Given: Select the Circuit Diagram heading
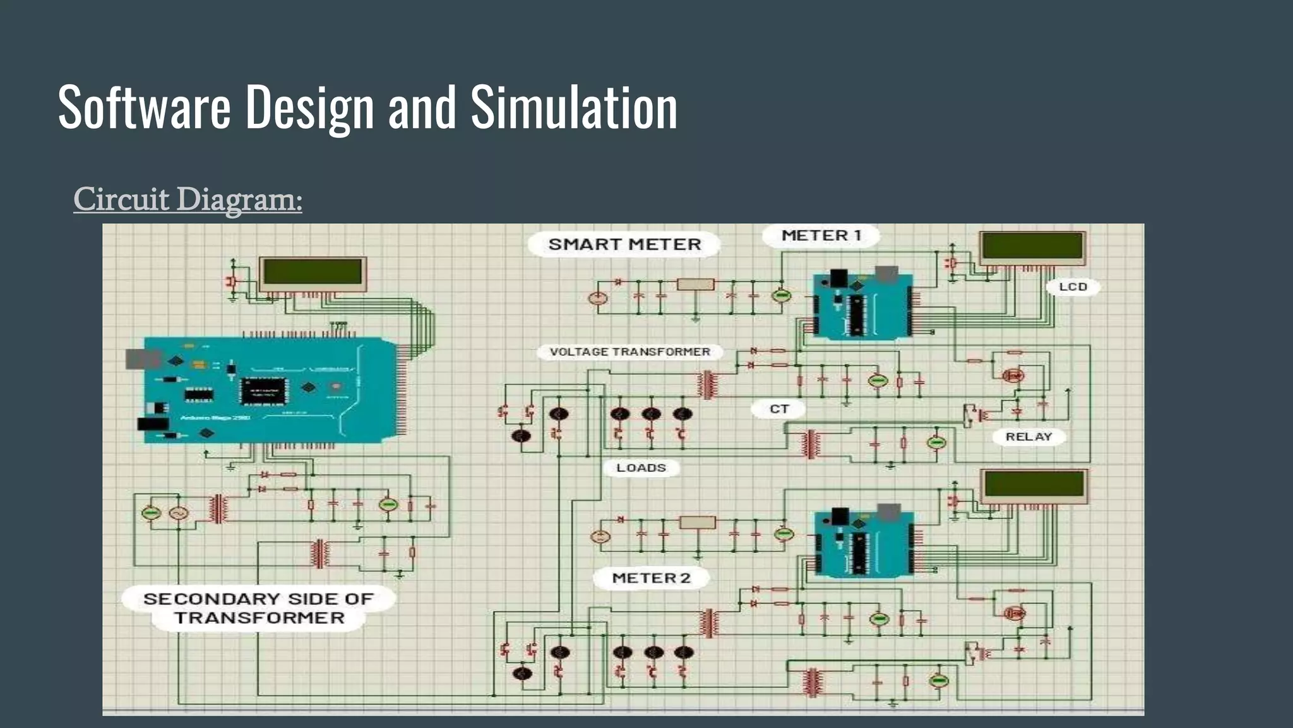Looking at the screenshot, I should click(x=188, y=199).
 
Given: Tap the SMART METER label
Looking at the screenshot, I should click(x=624, y=245).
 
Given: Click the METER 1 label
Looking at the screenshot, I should click(x=821, y=236).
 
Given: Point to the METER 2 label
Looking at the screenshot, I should click(x=651, y=578).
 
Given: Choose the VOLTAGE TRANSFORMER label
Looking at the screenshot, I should click(x=629, y=352).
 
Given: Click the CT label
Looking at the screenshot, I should click(x=779, y=409).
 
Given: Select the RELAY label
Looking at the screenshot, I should click(x=1028, y=437).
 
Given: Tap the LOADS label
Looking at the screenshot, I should click(x=641, y=468).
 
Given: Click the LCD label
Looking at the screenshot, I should click(x=1073, y=287).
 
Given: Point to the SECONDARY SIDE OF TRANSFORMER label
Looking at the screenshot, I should click(x=258, y=608).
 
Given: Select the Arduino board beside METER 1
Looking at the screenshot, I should click(x=863, y=305).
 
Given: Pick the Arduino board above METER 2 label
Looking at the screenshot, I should click(x=864, y=543).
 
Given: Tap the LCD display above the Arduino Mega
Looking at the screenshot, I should click(x=313, y=274).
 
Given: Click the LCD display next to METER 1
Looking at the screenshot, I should click(x=1032, y=248).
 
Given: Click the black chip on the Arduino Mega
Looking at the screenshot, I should click(x=263, y=391).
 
